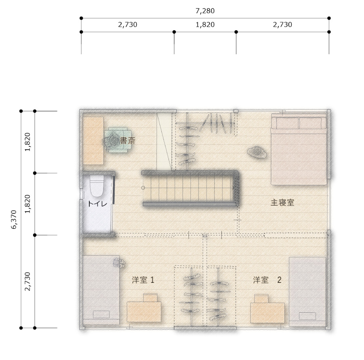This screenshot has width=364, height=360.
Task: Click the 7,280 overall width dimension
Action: (205, 11)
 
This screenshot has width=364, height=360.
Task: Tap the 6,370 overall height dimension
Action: (14, 220)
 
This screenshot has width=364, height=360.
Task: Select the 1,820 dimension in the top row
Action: (205, 25)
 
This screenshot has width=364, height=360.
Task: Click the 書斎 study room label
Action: (127, 141)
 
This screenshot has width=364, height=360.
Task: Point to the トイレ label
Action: (97, 204)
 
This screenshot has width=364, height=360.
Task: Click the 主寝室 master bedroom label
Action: (282, 202)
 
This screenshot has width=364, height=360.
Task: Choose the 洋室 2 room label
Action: (267, 280)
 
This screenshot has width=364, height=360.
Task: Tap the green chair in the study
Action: (117, 140)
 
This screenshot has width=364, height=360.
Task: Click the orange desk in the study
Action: (93, 141)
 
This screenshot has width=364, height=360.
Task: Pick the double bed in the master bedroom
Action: (299, 149)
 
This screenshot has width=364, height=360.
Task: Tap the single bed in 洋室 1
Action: (101, 290)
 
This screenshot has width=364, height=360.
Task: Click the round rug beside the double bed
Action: (257, 152)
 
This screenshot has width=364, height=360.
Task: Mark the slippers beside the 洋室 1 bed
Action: (119, 263)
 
